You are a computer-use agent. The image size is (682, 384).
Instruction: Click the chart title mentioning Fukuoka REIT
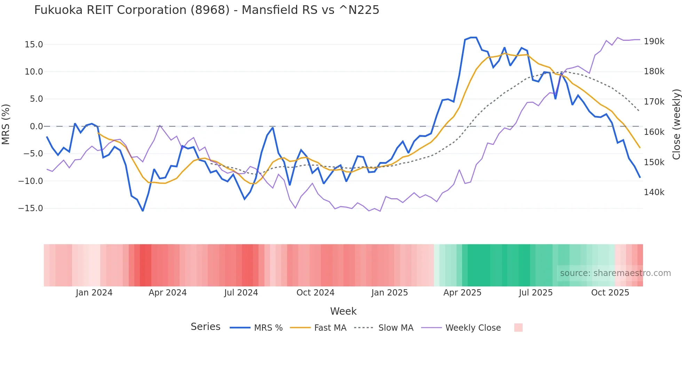point(206,10)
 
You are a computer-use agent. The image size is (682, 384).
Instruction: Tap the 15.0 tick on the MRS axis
point(34,45)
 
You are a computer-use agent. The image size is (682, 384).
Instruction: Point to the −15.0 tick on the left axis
point(31,208)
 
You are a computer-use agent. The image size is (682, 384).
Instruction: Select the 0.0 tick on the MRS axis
point(36,126)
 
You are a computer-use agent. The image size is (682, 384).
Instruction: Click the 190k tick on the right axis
point(654,41)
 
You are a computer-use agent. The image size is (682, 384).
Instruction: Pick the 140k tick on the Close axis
point(654,192)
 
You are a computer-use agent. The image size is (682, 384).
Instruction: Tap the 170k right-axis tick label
point(654,102)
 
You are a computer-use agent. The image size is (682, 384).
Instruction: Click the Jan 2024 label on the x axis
point(94,293)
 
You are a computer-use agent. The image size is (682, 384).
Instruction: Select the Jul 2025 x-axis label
point(536,293)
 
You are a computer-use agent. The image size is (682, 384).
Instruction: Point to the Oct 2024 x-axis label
point(315,293)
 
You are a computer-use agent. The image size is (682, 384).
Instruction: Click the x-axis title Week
point(343,311)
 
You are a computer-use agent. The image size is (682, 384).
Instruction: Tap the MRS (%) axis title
point(6,124)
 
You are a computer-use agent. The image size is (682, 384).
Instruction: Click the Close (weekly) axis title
point(676,124)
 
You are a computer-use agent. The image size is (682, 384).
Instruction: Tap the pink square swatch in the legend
point(518,328)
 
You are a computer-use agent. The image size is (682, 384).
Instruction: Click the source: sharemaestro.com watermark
point(615,273)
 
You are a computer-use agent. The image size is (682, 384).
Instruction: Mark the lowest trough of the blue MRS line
point(143,211)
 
